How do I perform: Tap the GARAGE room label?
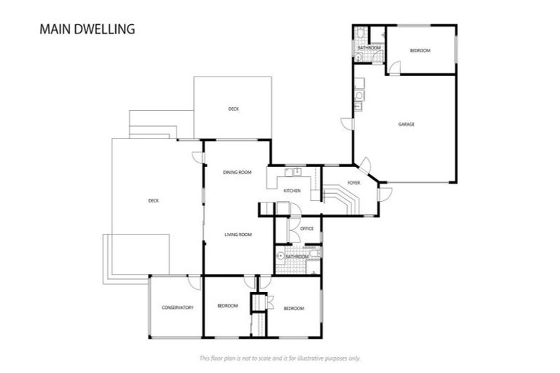click(x=406, y=125)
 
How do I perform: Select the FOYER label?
click(x=354, y=183)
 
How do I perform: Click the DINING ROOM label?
click(x=237, y=173)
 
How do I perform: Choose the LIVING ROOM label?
click(x=238, y=235)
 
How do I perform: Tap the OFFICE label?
click(x=307, y=229)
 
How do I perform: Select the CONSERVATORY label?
click(x=177, y=307)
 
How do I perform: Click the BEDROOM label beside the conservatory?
click(x=227, y=306)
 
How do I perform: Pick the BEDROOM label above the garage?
click(x=419, y=50)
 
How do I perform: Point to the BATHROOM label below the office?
click(x=297, y=256)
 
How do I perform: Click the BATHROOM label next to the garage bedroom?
click(x=369, y=48)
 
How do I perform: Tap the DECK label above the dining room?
click(x=233, y=109)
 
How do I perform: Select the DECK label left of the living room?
click(x=153, y=201)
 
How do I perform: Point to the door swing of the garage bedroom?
click(x=393, y=68)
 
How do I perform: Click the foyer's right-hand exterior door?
click(x=385, y=193)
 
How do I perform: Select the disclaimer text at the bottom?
click(x=279, y=358)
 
